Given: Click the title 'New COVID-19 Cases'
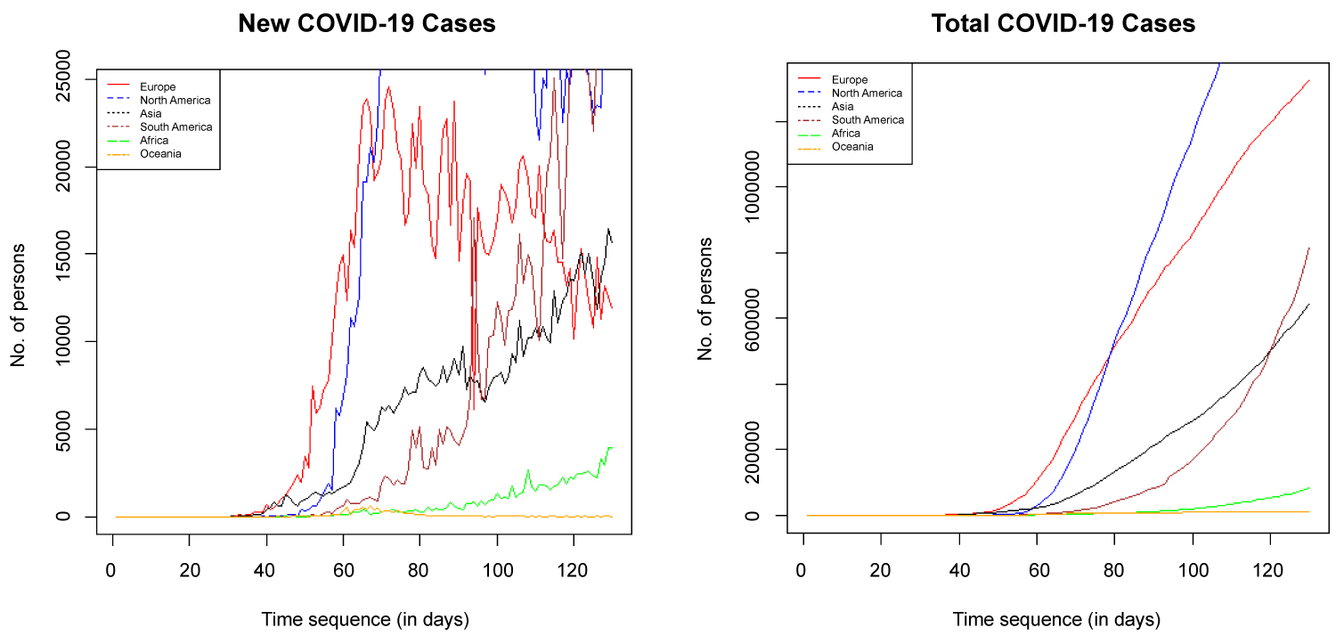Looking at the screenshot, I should (367, 24).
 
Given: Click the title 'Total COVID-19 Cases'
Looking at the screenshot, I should (1063, 24).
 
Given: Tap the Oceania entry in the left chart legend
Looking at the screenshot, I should (161, 153).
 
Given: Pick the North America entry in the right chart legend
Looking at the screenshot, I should (867, 93).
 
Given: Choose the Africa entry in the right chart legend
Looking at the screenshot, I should (846, 133).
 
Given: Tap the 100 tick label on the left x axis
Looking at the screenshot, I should (497, 568).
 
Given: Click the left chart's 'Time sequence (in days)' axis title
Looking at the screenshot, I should (364, 618).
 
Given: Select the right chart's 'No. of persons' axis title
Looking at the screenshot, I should (706, 298).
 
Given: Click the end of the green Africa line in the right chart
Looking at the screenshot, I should (1308, 487).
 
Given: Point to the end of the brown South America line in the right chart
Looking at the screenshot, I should (1308, 248).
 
